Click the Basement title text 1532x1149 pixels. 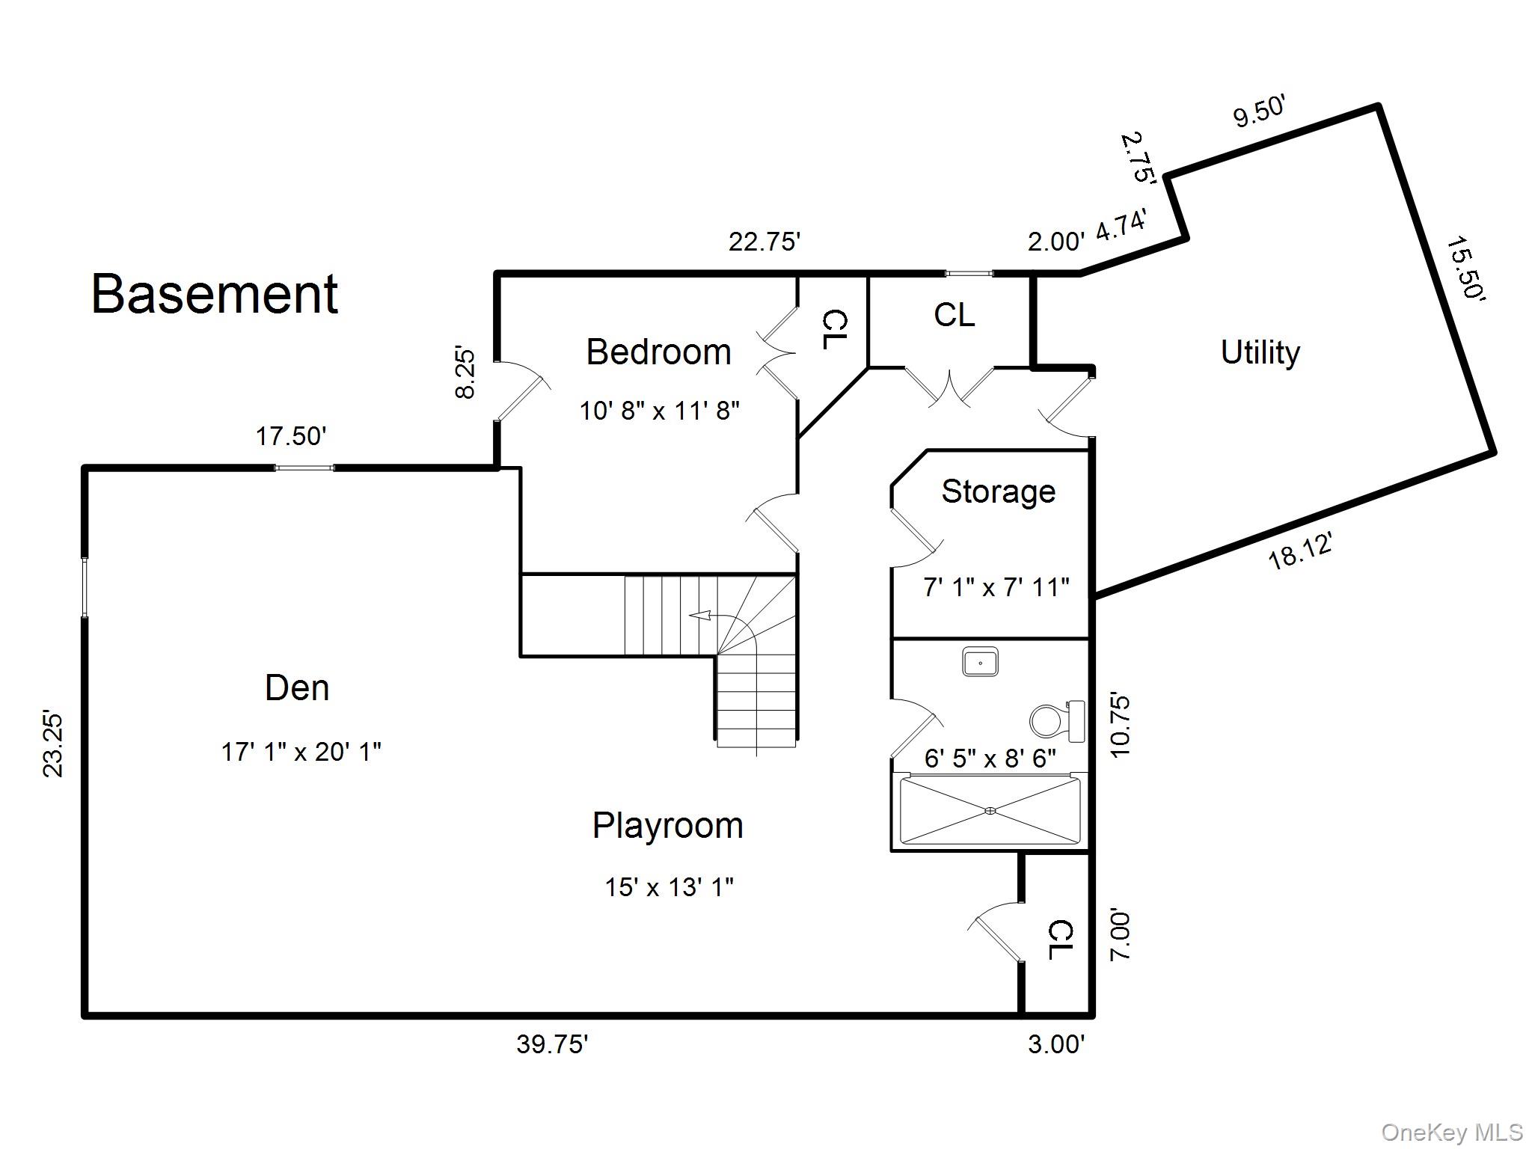tap(215, 294)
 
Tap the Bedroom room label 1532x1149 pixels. tap(658, 352)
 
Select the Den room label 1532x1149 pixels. tap(297, 688)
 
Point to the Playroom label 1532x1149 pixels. tap(668, 826)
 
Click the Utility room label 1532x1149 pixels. tap(1260, 352)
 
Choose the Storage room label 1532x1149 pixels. tap(998, 491)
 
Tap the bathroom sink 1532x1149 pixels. tap(980, 663)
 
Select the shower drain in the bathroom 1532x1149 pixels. tap(990, 810)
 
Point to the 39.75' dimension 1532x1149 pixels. tap(552, 1044)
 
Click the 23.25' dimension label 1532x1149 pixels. tap(53, 744)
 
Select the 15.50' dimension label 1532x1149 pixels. tap(1465, 269)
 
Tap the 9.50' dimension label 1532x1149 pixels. tap(1259, 112)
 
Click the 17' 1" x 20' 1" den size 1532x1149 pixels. tap(301, 752)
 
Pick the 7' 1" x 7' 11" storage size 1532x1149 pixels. tap(996, 587)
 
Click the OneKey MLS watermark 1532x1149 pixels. tap(1452, 1133)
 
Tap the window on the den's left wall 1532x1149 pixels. tap(85, 587)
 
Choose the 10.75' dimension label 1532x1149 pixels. tap(1120, 726)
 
